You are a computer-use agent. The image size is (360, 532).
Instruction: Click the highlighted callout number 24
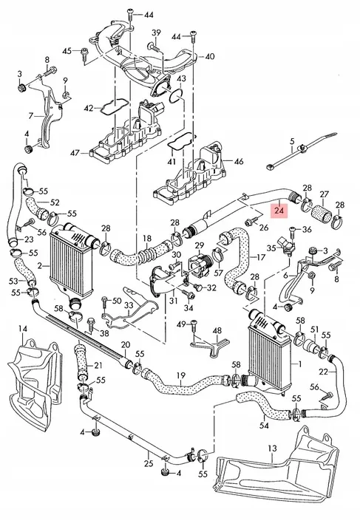pos(279,211)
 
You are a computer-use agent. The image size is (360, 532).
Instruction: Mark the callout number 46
pos(237,160)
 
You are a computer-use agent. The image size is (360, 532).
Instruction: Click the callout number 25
pos(149,463)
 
